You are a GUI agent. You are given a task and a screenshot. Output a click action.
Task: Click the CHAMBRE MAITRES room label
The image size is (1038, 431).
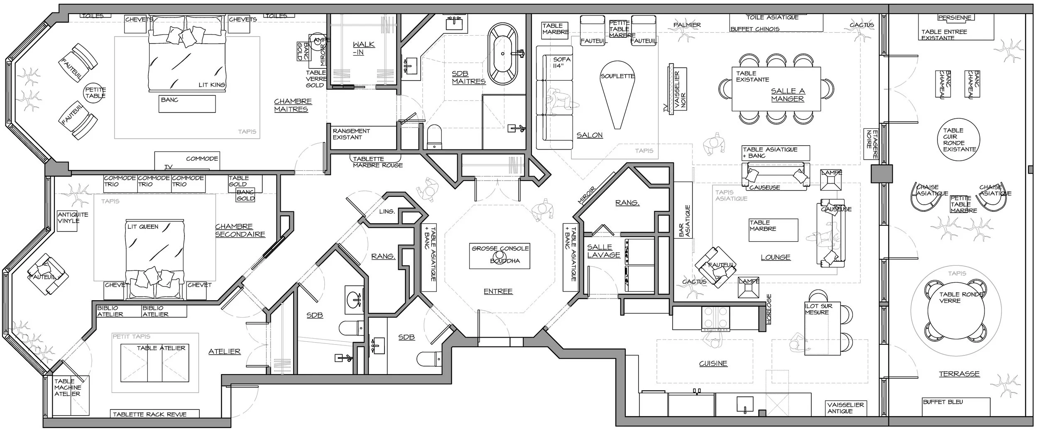point(293,105)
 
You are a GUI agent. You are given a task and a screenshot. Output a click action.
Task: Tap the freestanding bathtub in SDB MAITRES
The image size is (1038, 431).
point(502,54)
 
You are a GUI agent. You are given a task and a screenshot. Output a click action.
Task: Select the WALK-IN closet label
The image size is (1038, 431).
point(363,48)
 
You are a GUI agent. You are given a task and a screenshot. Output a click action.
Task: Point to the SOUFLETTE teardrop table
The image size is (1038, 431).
point(617,91)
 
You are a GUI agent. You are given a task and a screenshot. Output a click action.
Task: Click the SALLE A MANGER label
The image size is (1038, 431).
point(788,95)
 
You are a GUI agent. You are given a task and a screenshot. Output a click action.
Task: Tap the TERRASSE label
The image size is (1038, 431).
point(959,374)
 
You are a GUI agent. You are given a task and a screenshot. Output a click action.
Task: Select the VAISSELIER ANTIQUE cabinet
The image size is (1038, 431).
point(846,408)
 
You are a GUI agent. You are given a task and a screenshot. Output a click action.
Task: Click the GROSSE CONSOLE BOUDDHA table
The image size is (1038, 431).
point(500,255)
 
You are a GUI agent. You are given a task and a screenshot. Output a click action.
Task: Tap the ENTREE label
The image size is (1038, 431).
point(498,291)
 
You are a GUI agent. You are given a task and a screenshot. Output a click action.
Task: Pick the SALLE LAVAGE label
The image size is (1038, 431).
point(603,251)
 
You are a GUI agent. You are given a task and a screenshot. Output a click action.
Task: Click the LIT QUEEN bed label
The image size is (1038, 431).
point(143,227)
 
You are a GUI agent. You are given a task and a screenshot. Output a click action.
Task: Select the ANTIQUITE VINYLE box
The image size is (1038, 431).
point(68,220)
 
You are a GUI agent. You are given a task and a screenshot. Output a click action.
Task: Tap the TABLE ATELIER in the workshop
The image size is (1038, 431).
point(161,362)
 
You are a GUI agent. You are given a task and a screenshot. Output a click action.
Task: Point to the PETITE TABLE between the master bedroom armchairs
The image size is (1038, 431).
point(95,93)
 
